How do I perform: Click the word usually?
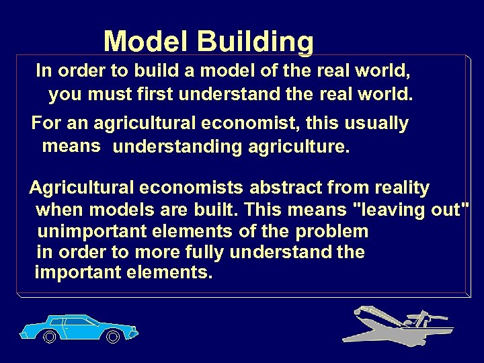click(x=376, y=124)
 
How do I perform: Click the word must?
click(x=108, y=95)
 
